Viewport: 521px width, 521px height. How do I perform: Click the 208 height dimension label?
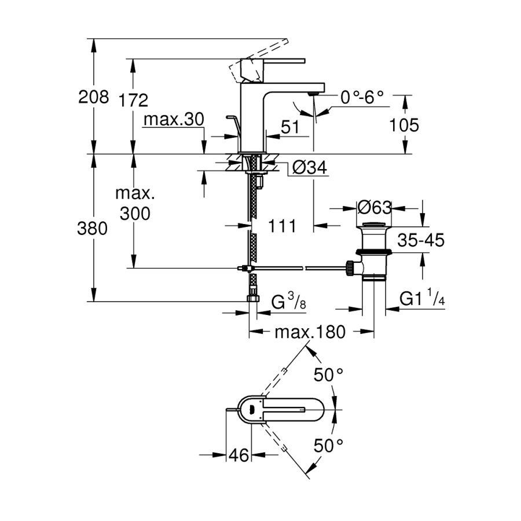(x=93, y=97)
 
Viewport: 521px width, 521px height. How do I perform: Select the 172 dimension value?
(x=133, y=100)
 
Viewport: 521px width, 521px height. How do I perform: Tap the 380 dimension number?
(x=93, y=229)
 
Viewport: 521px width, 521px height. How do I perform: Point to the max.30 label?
(x=174, y=120)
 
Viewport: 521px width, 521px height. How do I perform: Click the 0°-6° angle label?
(x=362, y=97)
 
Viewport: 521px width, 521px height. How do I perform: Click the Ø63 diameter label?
(x=375, y=207)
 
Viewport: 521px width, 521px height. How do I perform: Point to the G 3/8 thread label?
(x=288, y=302)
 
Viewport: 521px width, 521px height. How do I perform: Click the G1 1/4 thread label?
(x=421, y=299)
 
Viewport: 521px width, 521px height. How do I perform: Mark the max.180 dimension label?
(x=310, y=332)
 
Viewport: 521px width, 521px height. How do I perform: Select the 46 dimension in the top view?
(x=238, y=456)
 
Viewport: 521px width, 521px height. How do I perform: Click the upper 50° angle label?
(x=328, y=375)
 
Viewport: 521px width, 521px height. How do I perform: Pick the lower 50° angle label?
(x=328, y=445)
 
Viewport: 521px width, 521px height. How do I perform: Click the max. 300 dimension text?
(x=135, y=203)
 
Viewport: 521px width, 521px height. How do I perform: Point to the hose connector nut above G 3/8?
(x=253, y=298)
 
